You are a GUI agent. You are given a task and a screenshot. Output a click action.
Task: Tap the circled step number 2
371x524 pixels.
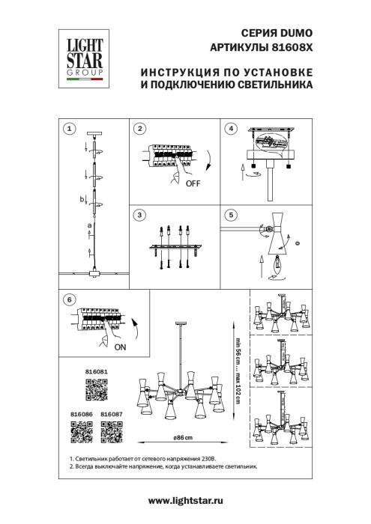pos(140,129)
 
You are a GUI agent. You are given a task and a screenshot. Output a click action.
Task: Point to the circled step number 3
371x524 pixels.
pos(140,216)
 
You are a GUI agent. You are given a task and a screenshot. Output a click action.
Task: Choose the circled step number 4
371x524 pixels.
pos(231,129)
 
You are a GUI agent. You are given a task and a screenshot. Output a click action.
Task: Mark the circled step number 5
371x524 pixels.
pos(231,216)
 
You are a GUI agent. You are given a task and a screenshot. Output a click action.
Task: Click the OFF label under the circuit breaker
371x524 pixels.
pos(192,182)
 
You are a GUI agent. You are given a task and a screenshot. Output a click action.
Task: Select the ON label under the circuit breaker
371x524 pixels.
pos(121,348)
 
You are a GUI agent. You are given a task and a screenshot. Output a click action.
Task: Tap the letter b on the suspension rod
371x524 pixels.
pos(83,199)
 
